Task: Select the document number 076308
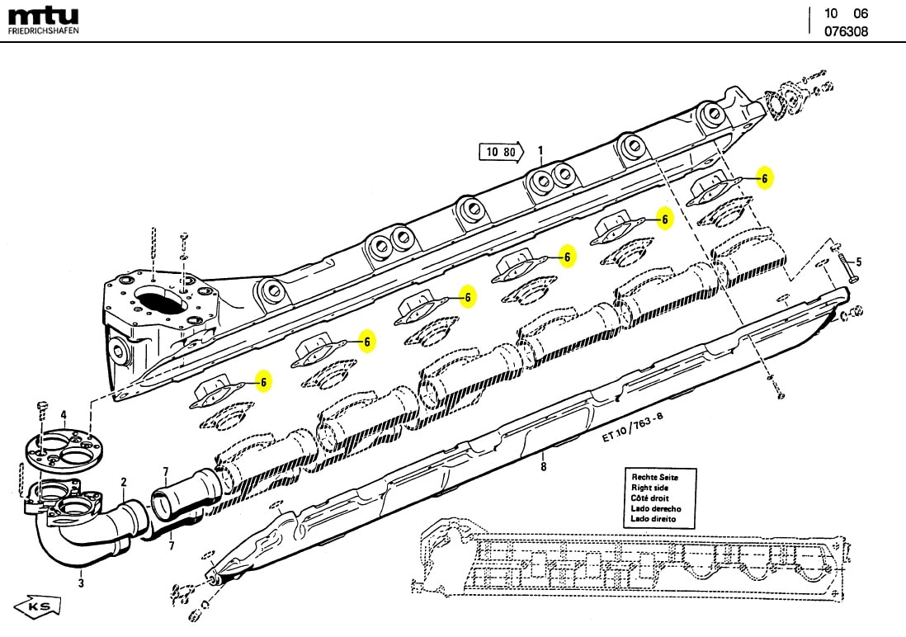(846, 32)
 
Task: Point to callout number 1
(540, 150)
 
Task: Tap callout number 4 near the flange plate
(63, 414)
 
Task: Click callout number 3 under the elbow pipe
(81, 583)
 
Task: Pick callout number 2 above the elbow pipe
(124, 482)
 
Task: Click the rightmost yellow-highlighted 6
(765, 178)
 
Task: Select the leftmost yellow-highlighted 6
(262, 381)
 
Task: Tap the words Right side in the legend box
(650, 488)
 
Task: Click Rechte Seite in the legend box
(654, 478)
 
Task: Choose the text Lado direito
(654, 519)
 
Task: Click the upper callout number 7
(165, 471)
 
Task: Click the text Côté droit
(651, 498)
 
